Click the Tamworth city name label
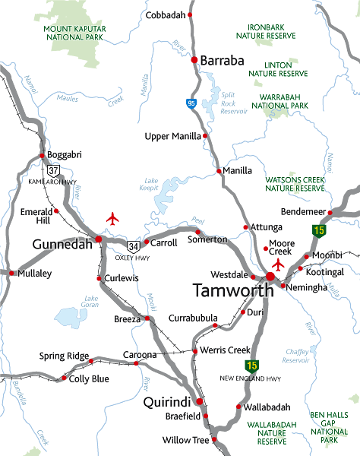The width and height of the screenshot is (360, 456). click(233, 290)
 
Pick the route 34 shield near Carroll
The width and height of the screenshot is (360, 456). click(134, 245)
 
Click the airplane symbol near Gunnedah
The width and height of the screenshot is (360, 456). click(114, 219)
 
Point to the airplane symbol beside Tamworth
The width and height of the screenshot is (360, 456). click(279, 264)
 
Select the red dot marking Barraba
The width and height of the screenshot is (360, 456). click(194, 60)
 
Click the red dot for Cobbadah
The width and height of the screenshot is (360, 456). click(191, 15)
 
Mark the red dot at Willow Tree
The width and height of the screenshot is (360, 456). click(215, 439)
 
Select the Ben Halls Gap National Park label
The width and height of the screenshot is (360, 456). click(329, 427)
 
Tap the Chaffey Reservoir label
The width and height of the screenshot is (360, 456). click(295, 356)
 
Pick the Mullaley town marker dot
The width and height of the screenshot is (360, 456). click(11, 271)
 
